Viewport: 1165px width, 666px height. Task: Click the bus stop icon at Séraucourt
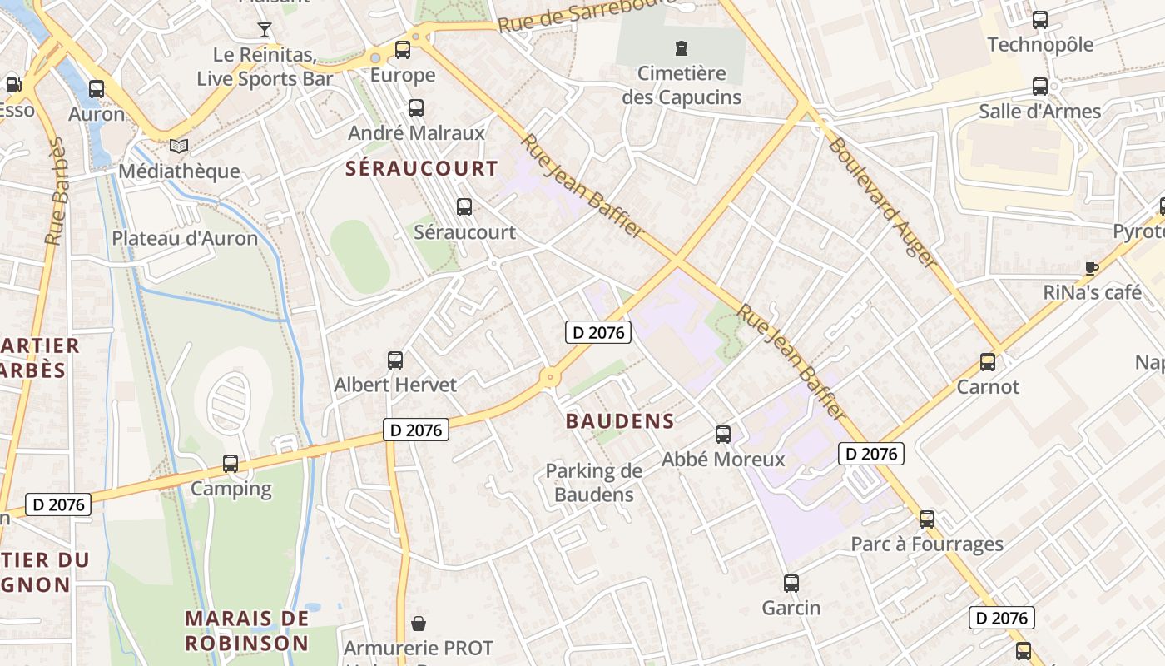pos(464,206)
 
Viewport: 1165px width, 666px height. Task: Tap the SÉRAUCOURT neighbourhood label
pos(422,169)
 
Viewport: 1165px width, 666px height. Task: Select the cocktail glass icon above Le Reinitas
pos(265,31)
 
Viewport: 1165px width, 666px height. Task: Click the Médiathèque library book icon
pos(179,147)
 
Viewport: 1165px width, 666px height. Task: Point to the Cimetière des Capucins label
pos(682,85)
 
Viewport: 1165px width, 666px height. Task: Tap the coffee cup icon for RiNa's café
pos(1092,268)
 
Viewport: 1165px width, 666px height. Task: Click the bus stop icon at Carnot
pos(988,362)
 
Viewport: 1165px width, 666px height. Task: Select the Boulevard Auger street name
pos(883,202)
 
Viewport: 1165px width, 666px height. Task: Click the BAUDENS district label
pos(620,421)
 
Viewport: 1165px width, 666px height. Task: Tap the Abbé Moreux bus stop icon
pos(723,434)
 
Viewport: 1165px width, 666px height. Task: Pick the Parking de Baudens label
pos(594,483)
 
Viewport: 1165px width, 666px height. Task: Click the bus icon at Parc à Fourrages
pos(927,519)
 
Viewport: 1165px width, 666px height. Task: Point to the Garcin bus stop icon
pos(791,584)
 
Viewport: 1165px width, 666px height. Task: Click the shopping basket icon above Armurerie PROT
pos(419,624)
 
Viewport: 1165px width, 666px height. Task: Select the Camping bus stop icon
pos(231,464)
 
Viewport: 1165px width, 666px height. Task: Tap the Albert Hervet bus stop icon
pos(395,360)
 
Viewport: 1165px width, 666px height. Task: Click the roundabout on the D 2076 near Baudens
pos(549,378)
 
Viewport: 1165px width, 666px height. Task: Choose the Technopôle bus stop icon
pos(1040,20)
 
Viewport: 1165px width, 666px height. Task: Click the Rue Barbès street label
pos(57,193)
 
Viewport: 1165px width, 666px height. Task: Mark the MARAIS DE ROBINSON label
pos(246,631)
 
